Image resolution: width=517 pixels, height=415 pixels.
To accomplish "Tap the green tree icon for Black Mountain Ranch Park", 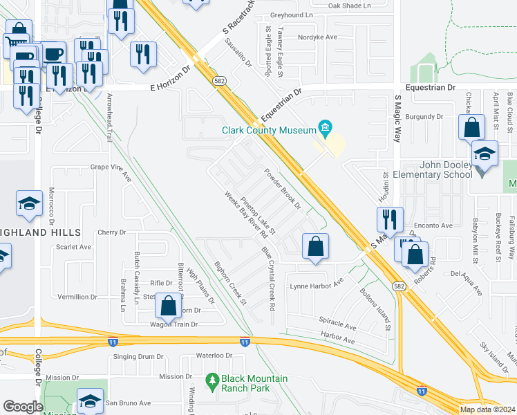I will (212, 380).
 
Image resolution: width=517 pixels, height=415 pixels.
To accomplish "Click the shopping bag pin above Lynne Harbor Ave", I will (315, 247).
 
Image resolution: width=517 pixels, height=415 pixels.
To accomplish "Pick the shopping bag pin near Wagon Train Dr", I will (168, 305).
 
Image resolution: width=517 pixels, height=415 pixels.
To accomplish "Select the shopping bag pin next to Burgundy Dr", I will (471, 128).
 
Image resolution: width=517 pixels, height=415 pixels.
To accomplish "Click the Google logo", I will (23, 407).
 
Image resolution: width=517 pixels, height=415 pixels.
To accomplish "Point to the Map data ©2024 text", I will (487, 409).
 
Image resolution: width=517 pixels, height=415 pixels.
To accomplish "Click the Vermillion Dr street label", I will (77, 297).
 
